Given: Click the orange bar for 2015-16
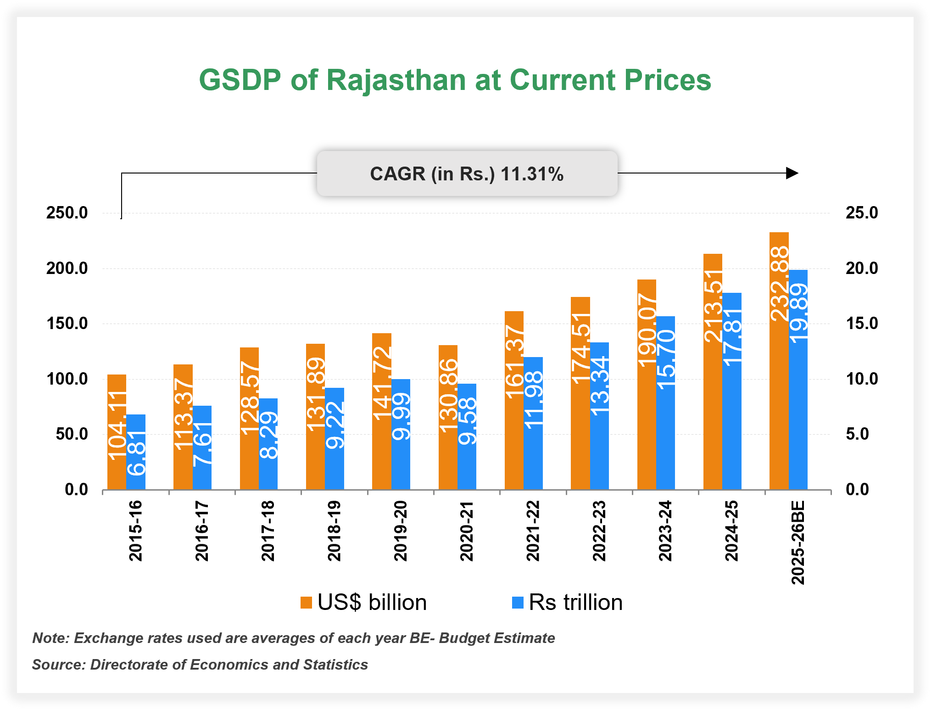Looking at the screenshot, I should click(x=117, y=431).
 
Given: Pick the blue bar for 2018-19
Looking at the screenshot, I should click(x=335, y=438).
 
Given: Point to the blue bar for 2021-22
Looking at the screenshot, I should click(x=533, y=423).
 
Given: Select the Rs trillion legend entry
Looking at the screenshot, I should click(x=567, y=603).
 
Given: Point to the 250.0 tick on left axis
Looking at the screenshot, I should click(x=67, y=213).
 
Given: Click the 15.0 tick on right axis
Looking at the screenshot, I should click(x=862, y=324).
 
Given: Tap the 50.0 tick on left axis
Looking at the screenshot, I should click(x=72, y=434).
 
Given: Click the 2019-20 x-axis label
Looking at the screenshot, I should click(x=401, y=531).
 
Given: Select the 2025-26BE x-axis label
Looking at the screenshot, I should click(x=798, y=542).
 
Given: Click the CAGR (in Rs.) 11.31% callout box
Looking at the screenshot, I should click(x=467, y=174).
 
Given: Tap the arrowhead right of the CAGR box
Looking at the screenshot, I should click(x=792, y=173).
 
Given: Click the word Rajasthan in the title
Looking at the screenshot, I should click(x=396, y=80).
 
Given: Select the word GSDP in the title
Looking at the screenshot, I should click(x=240, y=80).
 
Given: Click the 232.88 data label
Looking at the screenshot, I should click(x=779, y=284).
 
